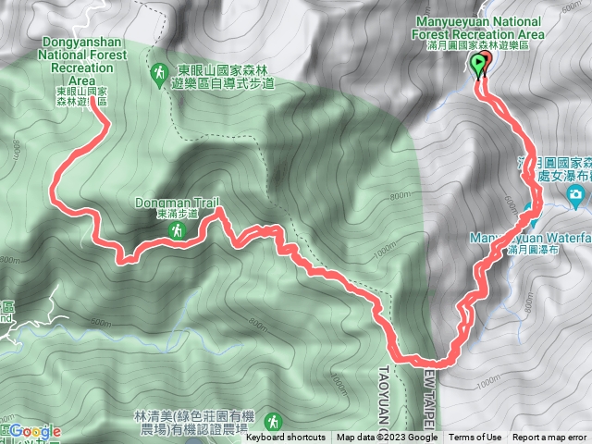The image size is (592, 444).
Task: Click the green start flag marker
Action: pos(478,65)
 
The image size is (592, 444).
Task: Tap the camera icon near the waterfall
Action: pos(575,194)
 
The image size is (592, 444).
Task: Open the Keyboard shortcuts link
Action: pos(286,438)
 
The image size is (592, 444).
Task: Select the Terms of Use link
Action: pos(475,438)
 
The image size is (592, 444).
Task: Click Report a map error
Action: pos(550,438)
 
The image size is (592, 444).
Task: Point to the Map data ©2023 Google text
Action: pos(387,438)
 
